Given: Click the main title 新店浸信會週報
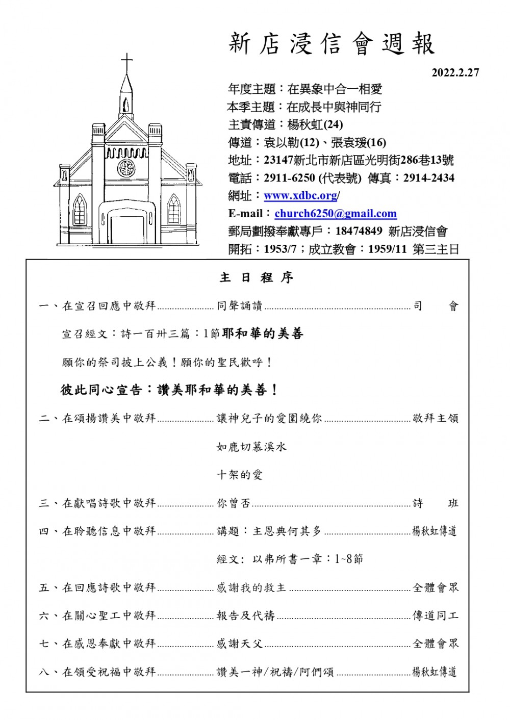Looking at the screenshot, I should (331, 44).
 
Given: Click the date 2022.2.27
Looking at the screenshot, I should (455, 72).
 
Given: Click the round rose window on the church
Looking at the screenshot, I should (126, 168).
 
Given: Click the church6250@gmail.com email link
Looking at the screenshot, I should (336, 214).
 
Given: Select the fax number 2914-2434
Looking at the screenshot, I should (428, 178).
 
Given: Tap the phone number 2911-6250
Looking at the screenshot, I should (289, 178).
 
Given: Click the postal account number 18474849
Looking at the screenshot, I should (359, 231).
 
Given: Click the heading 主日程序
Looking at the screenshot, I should (257, 278).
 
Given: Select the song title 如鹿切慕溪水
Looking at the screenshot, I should (251, 447).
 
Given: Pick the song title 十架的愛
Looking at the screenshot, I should (240, 475).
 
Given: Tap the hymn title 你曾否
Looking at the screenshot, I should (234, 503).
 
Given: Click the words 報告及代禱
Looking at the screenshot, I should (245, 616).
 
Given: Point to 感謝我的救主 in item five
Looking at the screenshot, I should (251, 588).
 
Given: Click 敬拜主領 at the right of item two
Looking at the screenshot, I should (436, 419).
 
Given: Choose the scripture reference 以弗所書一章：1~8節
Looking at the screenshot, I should (308, 559).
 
